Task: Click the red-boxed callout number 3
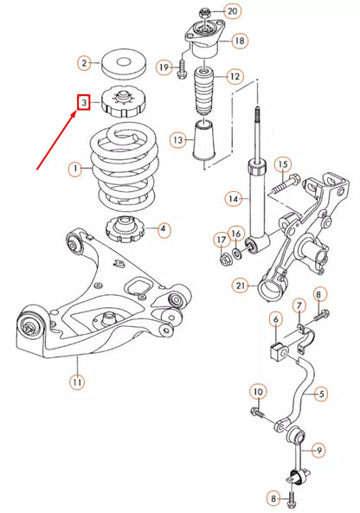[x=83, y=103]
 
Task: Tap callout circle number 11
[x=78, y=380]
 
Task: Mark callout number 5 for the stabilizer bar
[x=321, y=394]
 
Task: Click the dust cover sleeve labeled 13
[x=204, y=140]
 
